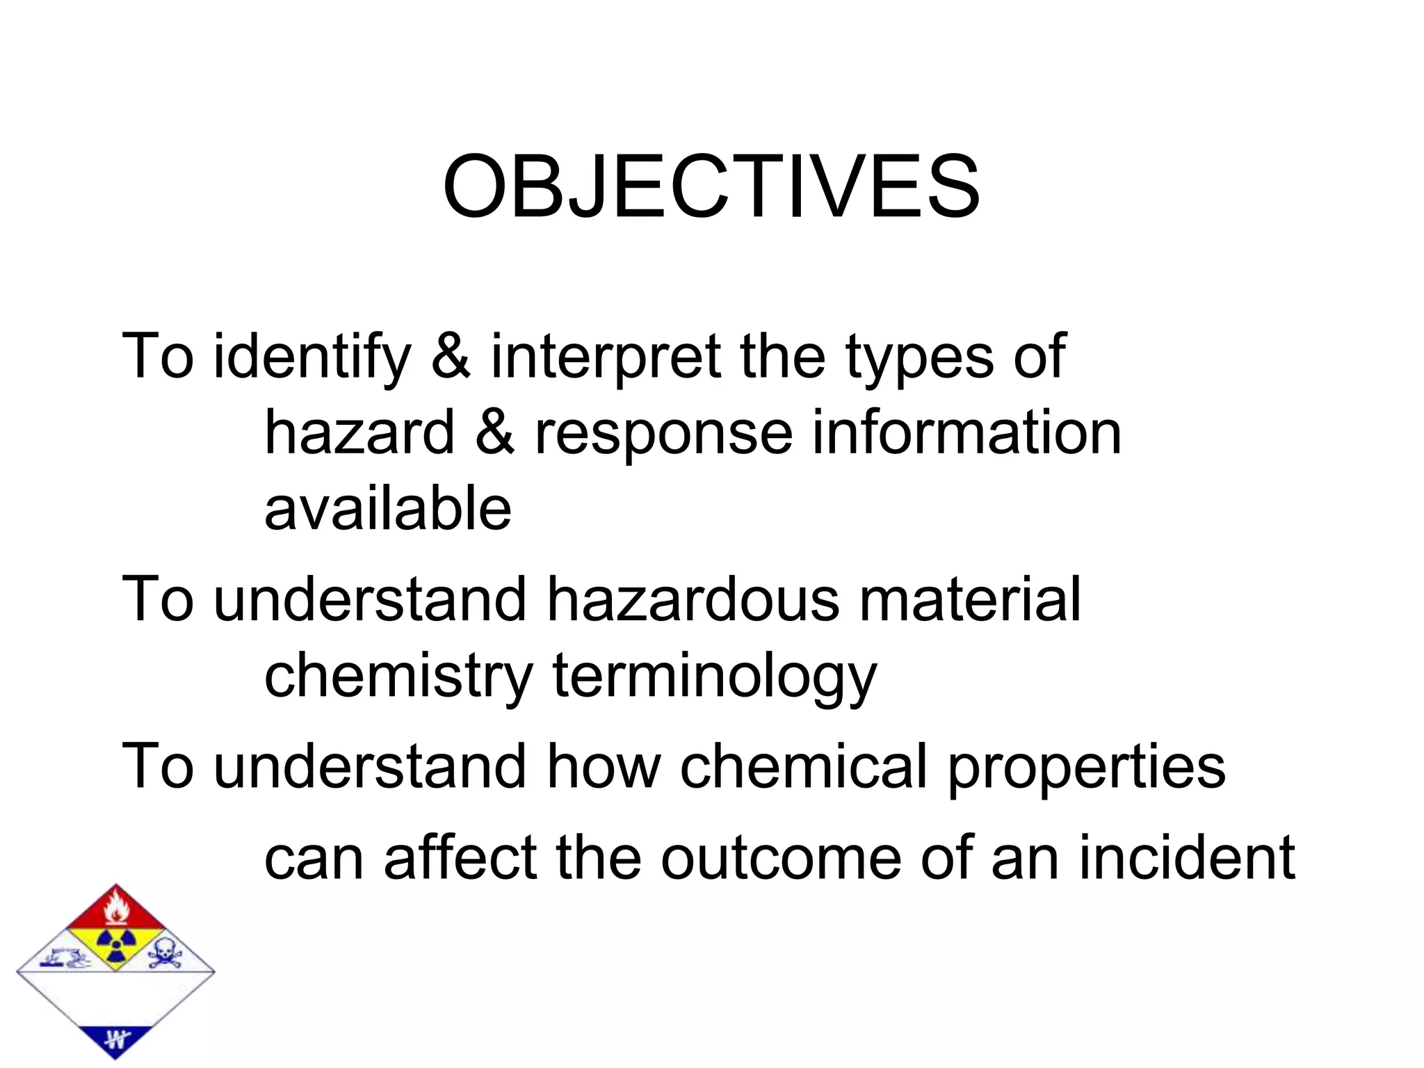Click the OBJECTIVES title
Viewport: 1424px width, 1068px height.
tap(711, 186)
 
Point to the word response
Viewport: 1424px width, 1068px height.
tap(663, 432)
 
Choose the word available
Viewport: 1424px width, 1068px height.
tap(388, 508)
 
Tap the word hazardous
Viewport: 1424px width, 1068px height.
tap(693, 599)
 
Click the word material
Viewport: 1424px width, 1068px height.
tap(970, 599)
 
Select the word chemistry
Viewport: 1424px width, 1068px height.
tap(398, 676)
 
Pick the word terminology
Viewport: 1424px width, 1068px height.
tap(715, 676)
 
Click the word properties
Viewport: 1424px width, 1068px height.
tap(1086, 766)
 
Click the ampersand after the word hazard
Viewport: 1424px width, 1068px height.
tap(494, 432)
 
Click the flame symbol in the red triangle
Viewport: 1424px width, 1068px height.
tap(115, 909)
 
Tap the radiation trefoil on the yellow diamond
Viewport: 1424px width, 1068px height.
tap(115, 943)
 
